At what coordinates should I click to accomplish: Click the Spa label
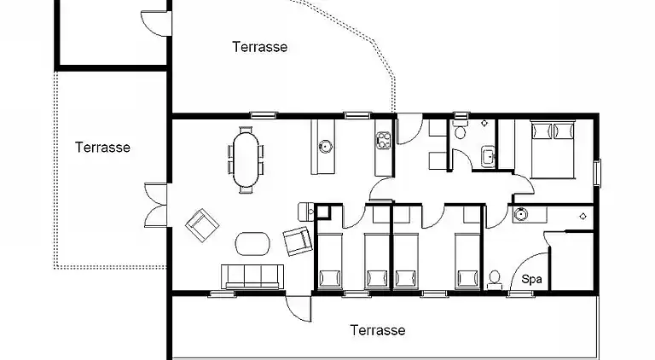click(531, 279)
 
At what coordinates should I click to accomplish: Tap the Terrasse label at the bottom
click(378, 330)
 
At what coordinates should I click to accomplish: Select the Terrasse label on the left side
click(102, 147)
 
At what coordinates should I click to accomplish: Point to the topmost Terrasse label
click(260, 46)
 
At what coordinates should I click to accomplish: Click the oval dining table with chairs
click(246, 160)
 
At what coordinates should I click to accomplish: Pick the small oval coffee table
click(252, 243)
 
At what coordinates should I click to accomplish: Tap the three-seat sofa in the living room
click(252, 276)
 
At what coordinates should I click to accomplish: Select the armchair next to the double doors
click(202, 225)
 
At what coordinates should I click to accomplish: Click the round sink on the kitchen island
click(325, 147)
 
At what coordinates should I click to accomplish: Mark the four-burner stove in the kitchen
click(383, 140)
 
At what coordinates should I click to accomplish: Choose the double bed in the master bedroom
click(553, 149)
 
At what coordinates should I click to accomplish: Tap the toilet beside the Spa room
click(495, 280)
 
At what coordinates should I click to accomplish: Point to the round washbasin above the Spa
click(519, 214)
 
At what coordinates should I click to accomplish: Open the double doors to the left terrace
click(156, 205)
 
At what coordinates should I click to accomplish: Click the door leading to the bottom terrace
click(299, 308)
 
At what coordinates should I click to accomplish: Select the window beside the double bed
click(597, 173)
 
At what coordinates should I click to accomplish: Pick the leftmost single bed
click(330, 261)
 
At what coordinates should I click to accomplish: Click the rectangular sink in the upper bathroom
click(488, 156)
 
